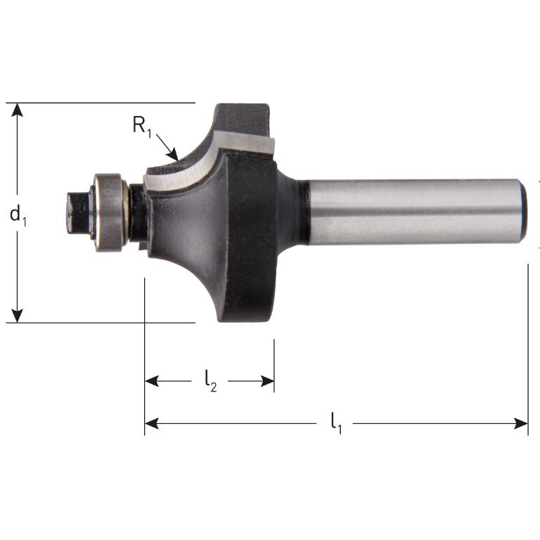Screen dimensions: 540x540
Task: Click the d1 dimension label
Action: (18, 214)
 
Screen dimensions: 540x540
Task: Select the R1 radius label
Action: (142, 127)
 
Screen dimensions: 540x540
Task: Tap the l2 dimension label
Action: (210, 381)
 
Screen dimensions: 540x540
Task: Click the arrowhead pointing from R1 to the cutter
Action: (176, 155)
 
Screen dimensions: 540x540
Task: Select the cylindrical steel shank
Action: (415, 211)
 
